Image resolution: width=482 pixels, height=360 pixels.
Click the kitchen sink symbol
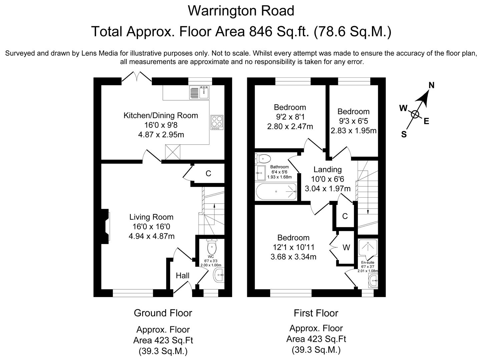(x=199, y=92)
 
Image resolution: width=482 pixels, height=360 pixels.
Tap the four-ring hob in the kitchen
(x=216, y=122)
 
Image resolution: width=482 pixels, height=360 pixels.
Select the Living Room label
(x=151, y=217)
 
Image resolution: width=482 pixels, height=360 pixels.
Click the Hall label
(x=182, y=276)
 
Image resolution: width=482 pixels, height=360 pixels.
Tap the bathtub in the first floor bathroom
(x=276, y=191)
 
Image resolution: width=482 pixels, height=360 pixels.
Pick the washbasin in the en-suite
(x=373, y=281)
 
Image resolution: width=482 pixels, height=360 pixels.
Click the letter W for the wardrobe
(x=346, y=247)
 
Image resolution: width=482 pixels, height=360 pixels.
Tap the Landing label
(x=328, y=170)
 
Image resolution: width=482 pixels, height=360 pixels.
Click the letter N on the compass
(x=431, y=85)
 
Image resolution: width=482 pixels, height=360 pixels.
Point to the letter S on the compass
(x=404, y=135)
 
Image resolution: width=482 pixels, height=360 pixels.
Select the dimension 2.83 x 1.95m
(x=354, y=131)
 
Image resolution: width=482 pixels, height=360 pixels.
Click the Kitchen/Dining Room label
(x=161, y=116)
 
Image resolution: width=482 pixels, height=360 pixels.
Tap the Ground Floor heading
(x=163, y=313)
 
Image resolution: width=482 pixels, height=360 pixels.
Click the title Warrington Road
(x=241, y=11)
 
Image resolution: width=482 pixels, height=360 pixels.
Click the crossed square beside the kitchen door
(x=173, y=153)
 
